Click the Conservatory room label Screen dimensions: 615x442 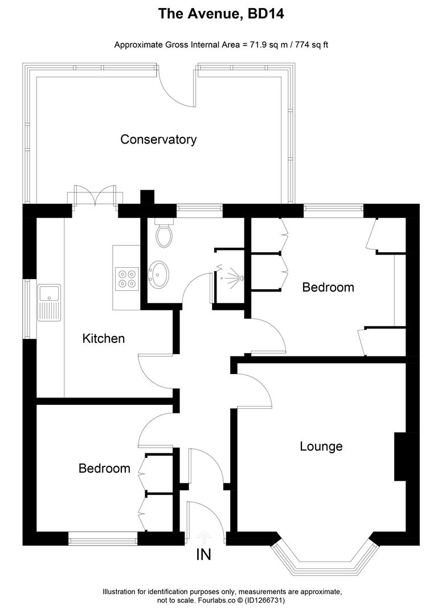tap(158, 140)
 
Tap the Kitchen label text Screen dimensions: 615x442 tap(104, 338)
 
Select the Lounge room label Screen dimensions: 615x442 tap(321, 446)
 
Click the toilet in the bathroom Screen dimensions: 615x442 tap(164, 235)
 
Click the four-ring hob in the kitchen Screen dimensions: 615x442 tap(126, 278)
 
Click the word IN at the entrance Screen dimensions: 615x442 tap(204, 554)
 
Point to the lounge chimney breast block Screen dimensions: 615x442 tap(401, 457)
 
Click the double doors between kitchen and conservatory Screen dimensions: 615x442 tap(95, 196)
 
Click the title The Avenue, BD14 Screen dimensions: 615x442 tap(221, 14)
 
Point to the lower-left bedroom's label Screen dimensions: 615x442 tap(104, 469)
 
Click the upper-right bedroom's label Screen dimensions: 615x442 tap(328, 288)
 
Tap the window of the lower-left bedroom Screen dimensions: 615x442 tap(103, 535)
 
